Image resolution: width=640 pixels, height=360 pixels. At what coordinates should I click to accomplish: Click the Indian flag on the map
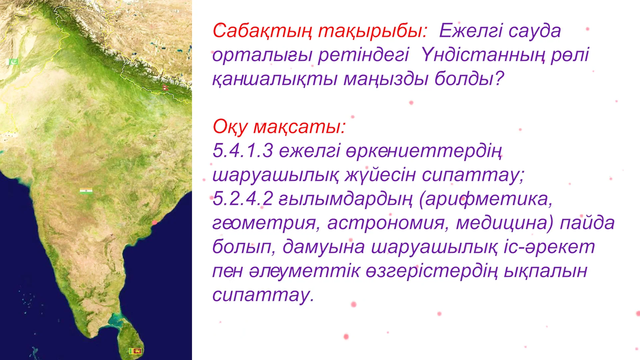tap(86, 191)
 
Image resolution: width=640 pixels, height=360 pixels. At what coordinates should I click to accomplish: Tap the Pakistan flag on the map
tap(13, 62)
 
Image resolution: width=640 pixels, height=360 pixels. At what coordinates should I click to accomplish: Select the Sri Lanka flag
tap(135, 351)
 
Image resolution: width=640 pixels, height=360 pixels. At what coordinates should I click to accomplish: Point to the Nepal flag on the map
tap(165, 88)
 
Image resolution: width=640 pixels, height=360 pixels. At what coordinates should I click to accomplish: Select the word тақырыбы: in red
tap(372, 31)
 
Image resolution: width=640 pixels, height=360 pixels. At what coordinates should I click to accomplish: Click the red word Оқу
tap(230, 127)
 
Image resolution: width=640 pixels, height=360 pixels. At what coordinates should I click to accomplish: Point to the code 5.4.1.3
tap(243, 151)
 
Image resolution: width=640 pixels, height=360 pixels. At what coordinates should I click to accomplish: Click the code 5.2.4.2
tap(243, 199)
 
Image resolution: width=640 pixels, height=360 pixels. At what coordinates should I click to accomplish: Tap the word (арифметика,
tap(486, 199)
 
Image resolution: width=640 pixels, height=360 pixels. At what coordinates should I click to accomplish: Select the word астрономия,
tap(388, 223)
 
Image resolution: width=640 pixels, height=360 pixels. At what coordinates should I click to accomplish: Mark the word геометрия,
tap(266, 223)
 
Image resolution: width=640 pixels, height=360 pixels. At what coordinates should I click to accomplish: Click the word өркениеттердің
tap(390, 151)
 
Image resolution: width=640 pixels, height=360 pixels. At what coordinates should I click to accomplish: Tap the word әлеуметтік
tap(304, 271)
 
